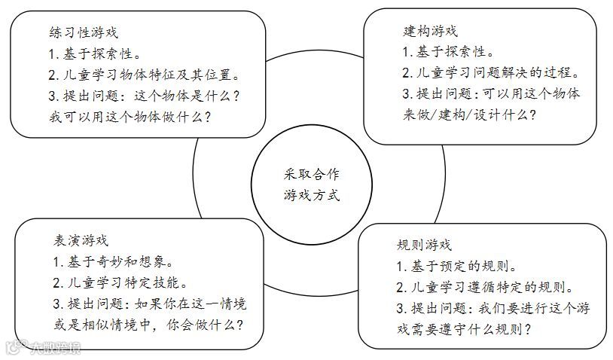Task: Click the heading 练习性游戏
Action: point(83,33)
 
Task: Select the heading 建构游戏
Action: point(430,31)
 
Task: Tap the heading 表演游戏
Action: point(81,241)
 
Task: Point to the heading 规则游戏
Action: point(424,245)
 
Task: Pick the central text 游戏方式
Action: point(306,194)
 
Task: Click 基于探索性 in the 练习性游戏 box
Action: point(94,54)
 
